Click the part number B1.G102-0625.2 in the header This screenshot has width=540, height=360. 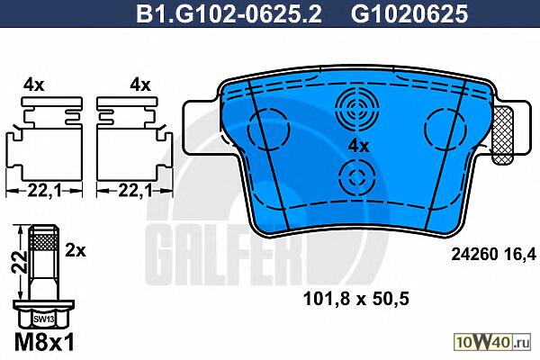229,13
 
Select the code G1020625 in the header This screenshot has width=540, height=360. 409,13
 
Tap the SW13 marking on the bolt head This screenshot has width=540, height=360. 44,319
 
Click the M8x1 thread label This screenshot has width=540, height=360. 44,341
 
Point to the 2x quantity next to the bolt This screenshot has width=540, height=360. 76,250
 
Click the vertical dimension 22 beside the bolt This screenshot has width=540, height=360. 19,262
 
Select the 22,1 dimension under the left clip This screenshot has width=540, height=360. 44,190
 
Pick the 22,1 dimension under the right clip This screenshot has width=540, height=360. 135,190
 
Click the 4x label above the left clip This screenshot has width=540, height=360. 34,85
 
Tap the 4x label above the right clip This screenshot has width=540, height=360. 140,85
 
